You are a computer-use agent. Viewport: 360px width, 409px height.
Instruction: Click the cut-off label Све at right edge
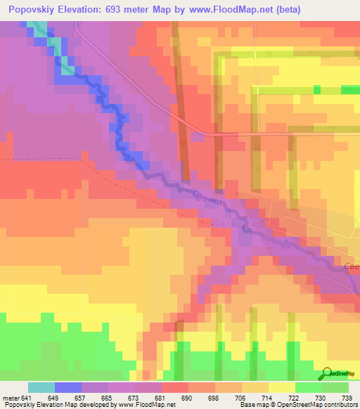click(352, 267)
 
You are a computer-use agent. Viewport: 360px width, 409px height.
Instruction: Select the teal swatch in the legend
click(41, 387)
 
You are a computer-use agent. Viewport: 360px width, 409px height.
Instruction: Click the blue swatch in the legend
click(67, 387)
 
